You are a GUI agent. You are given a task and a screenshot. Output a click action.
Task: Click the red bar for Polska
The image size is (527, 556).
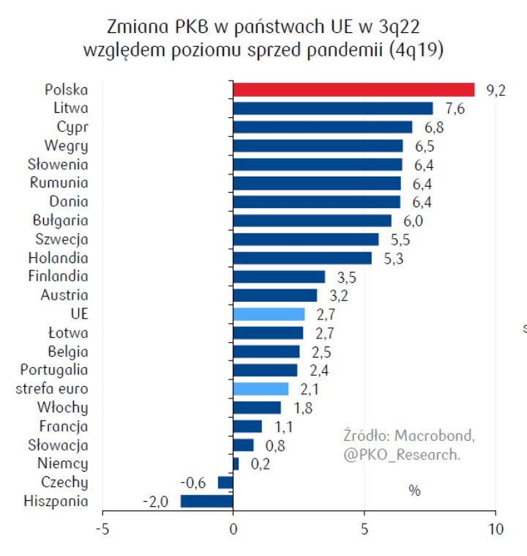[354, 90]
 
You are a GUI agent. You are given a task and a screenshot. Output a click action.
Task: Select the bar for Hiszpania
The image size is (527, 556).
[206, 501]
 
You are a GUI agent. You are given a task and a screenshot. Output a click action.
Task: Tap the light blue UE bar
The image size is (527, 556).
[269, 314]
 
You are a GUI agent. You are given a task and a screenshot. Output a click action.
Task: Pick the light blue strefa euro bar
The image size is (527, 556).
[261, 389]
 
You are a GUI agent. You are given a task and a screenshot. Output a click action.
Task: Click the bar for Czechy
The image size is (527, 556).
[225, 482]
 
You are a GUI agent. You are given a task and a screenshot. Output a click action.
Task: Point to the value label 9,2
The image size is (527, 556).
[496, 91]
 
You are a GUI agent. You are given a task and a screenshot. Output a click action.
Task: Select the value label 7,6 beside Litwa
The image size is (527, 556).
[454, 109]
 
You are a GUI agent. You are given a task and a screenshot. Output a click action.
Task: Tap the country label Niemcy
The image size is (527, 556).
[63, 464]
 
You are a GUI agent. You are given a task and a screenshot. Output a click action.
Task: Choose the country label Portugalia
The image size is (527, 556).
[54, 370]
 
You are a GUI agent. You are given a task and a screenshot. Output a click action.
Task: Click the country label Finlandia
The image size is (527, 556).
[58, 277]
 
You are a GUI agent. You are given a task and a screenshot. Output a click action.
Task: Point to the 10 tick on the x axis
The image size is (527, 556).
[496, 529]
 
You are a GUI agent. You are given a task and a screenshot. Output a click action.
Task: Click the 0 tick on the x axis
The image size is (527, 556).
[233, 529]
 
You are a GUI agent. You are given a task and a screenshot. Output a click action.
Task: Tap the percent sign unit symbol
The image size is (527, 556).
[414, 491]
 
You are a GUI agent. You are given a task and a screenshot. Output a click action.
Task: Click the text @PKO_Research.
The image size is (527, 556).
[402, 455]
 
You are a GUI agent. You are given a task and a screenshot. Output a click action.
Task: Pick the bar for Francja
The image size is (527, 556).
[247, 426]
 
